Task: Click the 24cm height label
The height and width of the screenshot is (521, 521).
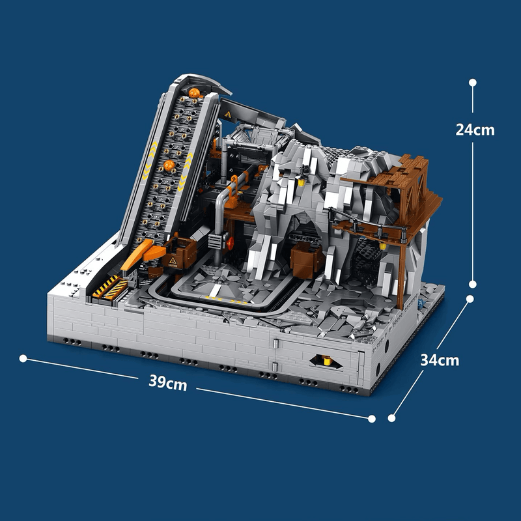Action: [x=475, y=129]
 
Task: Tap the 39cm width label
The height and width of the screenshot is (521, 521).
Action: [x=167, y=384]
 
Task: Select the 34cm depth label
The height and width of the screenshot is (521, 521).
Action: [x=440, y=359]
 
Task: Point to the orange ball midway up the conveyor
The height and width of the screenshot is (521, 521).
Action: [x=169, y=167]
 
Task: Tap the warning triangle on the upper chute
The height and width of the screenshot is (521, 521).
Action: [x=227, y=115]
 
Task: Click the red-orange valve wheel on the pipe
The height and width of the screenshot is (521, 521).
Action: [x=231, y=243]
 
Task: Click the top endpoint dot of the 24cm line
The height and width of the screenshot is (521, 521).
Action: [x=473, y=83]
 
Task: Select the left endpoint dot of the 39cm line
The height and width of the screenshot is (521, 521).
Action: [x=23, y=358]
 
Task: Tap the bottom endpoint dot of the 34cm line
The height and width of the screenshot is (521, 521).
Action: [x=392, y=418]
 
